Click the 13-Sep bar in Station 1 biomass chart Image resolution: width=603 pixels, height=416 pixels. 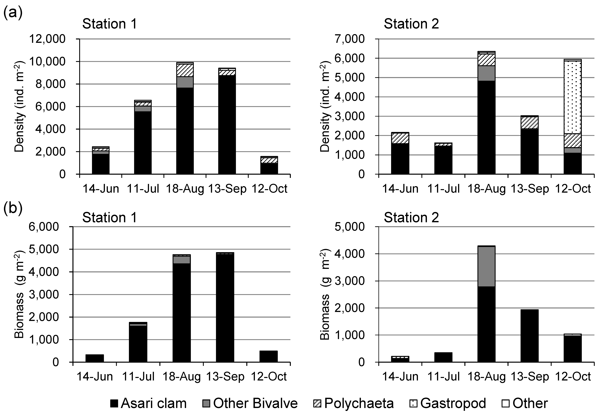(225, 308)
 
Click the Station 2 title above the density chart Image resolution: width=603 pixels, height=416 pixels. (411, 24)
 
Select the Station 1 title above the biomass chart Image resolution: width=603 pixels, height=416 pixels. (110, 217)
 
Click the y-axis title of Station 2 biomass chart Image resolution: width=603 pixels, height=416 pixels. (325, 295)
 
